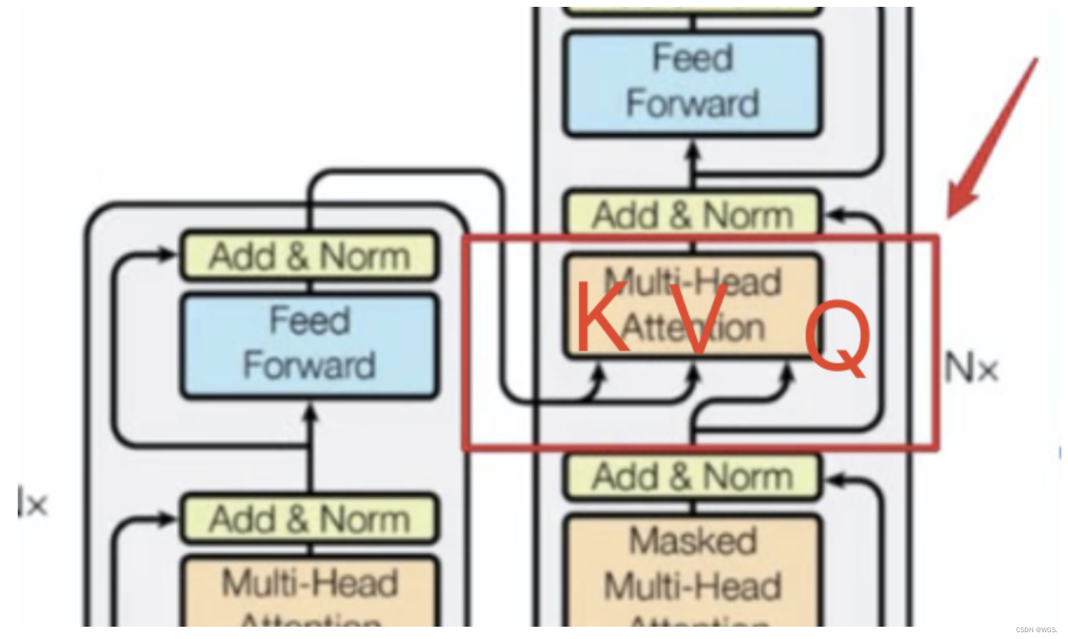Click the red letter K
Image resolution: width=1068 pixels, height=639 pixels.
[601, 317]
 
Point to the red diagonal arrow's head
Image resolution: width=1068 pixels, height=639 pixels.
[956, 205]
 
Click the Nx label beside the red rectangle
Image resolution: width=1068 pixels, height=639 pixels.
[971, 369]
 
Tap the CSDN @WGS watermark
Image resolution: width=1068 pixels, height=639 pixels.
[1036, 629]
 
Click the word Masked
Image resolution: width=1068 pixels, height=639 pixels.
[692, 541]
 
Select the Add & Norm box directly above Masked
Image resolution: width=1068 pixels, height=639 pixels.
[692, 477]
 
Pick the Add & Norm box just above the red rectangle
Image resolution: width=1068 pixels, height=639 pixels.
[692, 215]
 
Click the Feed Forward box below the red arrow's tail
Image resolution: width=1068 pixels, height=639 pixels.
[692, 82]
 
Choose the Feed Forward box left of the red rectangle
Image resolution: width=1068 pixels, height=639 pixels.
[309, 345]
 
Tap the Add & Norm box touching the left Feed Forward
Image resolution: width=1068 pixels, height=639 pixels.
[309, 256]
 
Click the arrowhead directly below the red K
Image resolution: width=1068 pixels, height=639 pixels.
[599, 372]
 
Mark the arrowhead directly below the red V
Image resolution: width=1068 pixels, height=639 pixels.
[694, 372]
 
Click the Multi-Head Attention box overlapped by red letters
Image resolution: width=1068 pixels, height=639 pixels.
[692, 304]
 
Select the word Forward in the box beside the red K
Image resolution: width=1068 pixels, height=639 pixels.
[309, 365]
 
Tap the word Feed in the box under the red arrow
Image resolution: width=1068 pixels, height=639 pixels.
[692, 58]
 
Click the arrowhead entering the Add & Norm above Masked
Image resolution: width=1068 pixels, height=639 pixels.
[833, 480]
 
